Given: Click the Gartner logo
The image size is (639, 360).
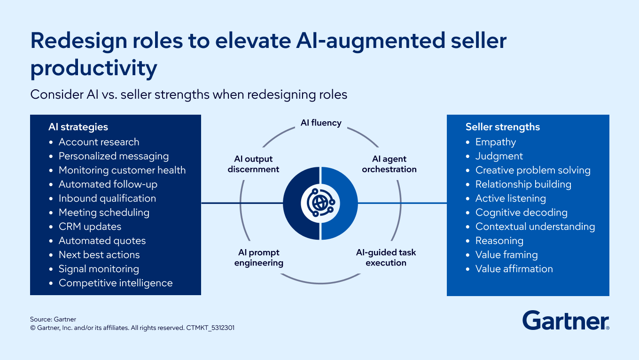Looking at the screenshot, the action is click(566, 320).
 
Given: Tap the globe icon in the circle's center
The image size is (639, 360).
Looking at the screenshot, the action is click(320, 203).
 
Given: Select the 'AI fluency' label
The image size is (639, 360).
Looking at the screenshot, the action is click(321, 123).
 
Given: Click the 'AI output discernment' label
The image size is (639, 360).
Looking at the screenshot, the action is click(253, 164).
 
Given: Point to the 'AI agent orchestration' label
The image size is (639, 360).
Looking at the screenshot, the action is click(389, 164).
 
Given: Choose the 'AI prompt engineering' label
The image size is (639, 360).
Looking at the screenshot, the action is click(259, 258).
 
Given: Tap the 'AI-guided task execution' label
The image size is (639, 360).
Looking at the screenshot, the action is click(386, 258).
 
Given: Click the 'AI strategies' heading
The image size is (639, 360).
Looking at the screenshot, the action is click(78, 126).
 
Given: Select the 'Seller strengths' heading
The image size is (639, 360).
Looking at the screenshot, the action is click(503, 126).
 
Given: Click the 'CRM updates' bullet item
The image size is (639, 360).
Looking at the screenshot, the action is click(90, 227).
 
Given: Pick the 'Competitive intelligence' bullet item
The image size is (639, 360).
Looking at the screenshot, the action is click(116, 283).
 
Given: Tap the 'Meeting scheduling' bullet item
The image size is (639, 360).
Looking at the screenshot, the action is click(104, 212).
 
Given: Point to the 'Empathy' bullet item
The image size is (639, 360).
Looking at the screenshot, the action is click(496, 142).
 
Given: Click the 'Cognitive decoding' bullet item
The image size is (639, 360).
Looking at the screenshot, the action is click(521, 212).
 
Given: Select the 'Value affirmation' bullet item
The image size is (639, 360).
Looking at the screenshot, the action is click(514, 269).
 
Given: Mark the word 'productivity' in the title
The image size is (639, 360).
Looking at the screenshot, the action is click(94, 68).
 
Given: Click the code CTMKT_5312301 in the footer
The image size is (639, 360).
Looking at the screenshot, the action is click(210, 328).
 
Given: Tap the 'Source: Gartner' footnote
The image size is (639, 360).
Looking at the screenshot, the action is click(53, 319).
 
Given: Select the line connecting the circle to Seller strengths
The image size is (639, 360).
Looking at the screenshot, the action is click(402, 203).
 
